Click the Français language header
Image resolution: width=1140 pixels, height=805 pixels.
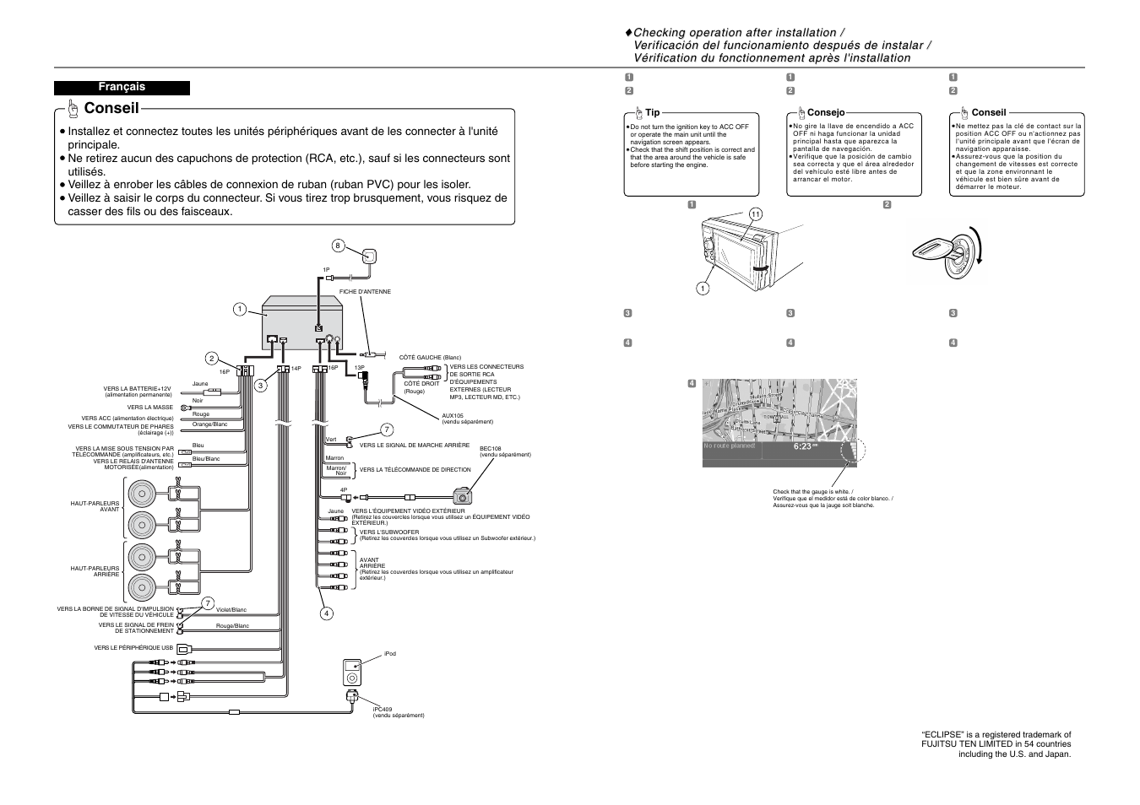point(122,87)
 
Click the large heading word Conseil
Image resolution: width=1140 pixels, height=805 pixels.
point(111,108)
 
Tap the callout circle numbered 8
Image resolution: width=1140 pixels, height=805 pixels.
point(338,246)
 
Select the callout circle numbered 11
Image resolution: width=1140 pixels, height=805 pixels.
point(755,214)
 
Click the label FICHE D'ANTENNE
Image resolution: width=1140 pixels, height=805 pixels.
point(365,292)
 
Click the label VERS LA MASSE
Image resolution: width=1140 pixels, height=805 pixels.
point(150,407)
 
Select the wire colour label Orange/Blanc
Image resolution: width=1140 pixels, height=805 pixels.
point(209,424)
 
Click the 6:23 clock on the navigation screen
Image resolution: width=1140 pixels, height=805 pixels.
point(802,446)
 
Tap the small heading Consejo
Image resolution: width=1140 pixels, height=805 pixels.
point(825,112)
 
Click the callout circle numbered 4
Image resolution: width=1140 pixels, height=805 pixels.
point(325,613)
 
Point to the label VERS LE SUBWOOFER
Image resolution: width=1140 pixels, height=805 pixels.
point(385,532)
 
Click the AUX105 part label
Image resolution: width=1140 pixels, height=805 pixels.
point(453,416)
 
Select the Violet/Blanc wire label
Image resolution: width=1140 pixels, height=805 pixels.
point(231,609)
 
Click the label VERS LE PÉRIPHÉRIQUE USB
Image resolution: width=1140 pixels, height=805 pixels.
point(133,648)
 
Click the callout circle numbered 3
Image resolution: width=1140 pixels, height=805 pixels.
point(261,386)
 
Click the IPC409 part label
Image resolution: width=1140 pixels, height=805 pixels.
point(383,709)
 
